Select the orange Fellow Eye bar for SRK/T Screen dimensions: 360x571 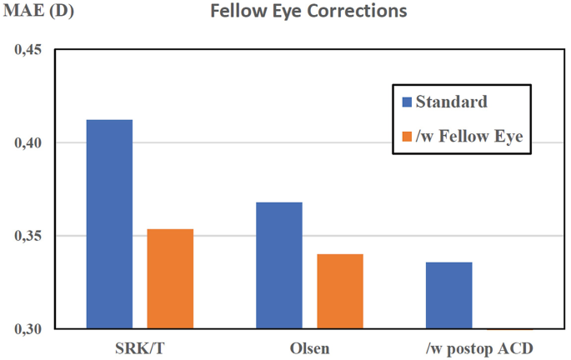[x=170, y=278]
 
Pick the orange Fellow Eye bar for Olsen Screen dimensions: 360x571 [x=340, y=291]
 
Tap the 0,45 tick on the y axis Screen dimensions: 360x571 [x=29, y=50]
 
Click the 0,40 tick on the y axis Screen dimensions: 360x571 [x=29, y=143]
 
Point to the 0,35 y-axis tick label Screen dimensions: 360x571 [x=29, y=236]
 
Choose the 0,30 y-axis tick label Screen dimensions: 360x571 [x=29, y=329]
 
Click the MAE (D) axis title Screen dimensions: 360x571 [x=40, y=12]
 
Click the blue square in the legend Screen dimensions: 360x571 [x=407, y=102]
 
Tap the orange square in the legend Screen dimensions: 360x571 [x=407, y=137]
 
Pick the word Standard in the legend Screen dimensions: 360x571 [x=451, y=102]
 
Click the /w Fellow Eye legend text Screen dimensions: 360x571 [x=469, y=137]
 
